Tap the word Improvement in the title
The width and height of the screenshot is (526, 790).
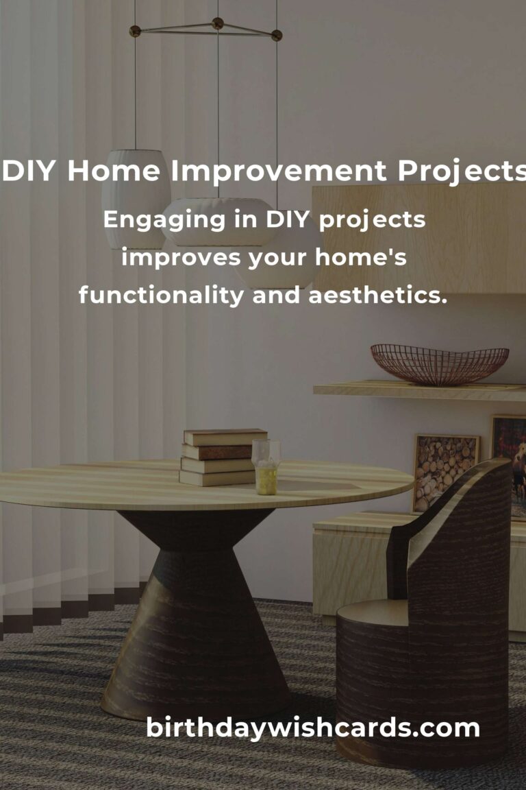pos(274,172)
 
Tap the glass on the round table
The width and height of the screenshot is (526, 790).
pos(265,466)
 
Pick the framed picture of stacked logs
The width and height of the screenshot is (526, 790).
pos(445,472)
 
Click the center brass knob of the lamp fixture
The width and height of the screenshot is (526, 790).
pos(218,23)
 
